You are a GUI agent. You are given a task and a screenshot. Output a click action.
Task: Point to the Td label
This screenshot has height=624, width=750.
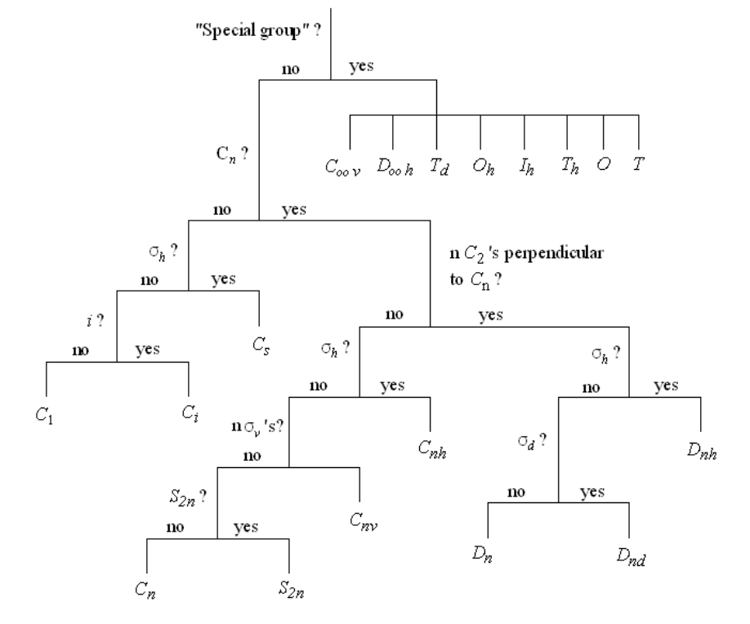click(x=439, y=167)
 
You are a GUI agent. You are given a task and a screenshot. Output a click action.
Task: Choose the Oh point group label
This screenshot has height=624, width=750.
click(x=481, y=167)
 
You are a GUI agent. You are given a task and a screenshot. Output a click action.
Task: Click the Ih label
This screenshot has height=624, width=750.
click(x=525, y=167)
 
